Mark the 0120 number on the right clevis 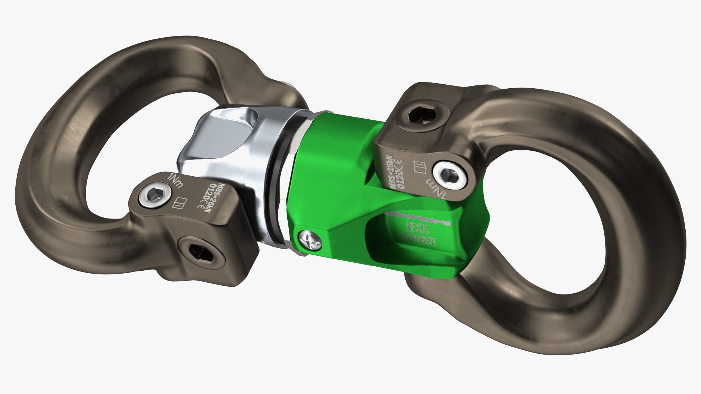[x=399, y=174]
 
